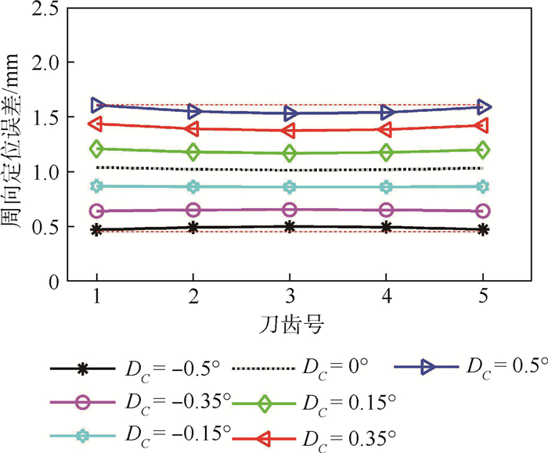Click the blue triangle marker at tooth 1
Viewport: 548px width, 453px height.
[x=97, y=104]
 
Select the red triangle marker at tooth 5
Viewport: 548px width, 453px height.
[x=483, y=125]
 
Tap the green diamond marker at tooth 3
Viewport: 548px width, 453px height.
[x=290, y=153]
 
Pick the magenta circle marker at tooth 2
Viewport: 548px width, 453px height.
[x=193, y=210]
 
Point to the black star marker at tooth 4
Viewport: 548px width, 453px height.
[x=387, y=227]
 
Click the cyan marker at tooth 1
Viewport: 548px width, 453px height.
[x=97, y=186]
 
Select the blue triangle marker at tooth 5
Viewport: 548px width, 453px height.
[x=483, y=106]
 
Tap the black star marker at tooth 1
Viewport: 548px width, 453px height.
[x=97, y=230]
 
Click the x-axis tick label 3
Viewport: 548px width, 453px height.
[x=290, y=297]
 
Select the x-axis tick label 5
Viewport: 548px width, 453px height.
[x=483, y=297]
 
